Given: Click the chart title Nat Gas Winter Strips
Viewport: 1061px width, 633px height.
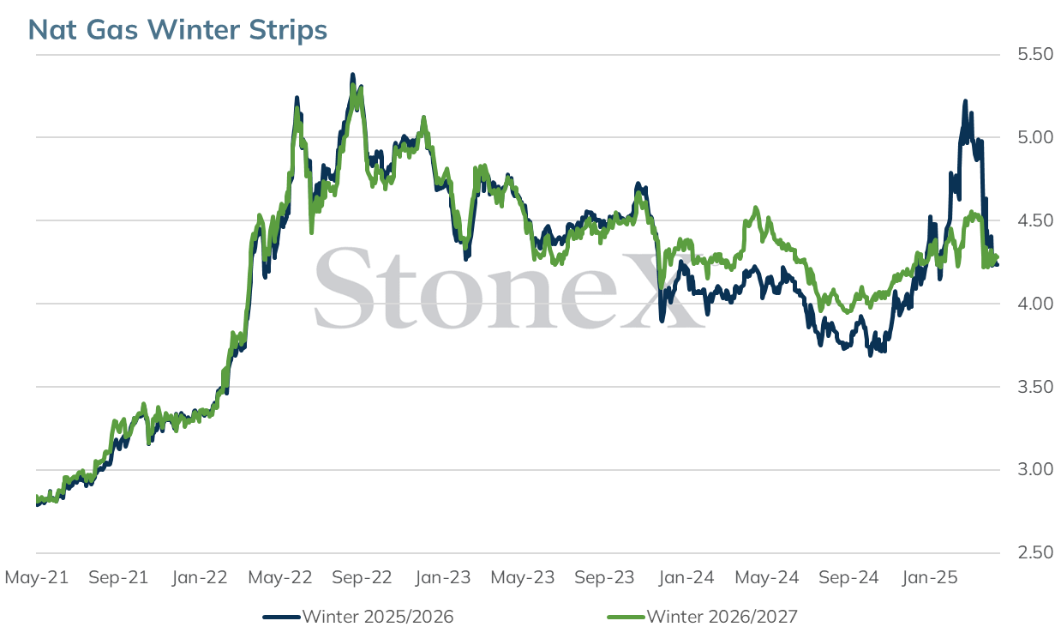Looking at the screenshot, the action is (177, 30).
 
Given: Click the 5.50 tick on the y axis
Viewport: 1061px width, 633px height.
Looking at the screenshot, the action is (1035, 54).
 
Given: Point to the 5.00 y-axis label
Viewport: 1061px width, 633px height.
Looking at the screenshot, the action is (1035, 137).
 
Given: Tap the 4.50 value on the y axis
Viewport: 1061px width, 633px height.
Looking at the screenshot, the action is (1035, 220).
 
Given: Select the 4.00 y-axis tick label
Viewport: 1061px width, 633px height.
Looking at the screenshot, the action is (1035, 304).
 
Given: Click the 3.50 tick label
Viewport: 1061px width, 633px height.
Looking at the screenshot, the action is (1035, 387).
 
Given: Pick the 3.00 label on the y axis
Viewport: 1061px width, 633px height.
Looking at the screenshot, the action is (1035, 469).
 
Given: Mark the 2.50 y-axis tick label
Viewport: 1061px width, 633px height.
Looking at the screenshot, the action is (1035, 553).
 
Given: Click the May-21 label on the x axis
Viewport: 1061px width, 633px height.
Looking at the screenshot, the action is (37, 578).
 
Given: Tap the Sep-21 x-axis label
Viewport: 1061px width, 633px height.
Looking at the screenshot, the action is (118, 578).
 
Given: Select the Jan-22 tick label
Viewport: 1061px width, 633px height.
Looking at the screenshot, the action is (200, 578).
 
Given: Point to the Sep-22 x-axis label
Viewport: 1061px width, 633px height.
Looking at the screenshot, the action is (362, 578).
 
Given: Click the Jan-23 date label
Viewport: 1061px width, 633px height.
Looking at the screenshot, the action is (443, 578).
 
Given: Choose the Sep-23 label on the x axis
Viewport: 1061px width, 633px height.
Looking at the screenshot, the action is (604, 578).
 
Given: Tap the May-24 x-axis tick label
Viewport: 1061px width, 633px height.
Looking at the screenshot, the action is (767, 578).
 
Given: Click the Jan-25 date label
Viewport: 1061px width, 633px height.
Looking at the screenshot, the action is (930, 578).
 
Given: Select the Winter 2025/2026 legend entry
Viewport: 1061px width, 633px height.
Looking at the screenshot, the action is (358, 617).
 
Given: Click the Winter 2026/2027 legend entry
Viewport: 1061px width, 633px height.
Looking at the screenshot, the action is (703, 617).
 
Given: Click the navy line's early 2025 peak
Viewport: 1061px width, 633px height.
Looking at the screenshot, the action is (965, 101).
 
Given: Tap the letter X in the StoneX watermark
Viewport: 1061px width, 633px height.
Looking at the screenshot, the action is (662, 289).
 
